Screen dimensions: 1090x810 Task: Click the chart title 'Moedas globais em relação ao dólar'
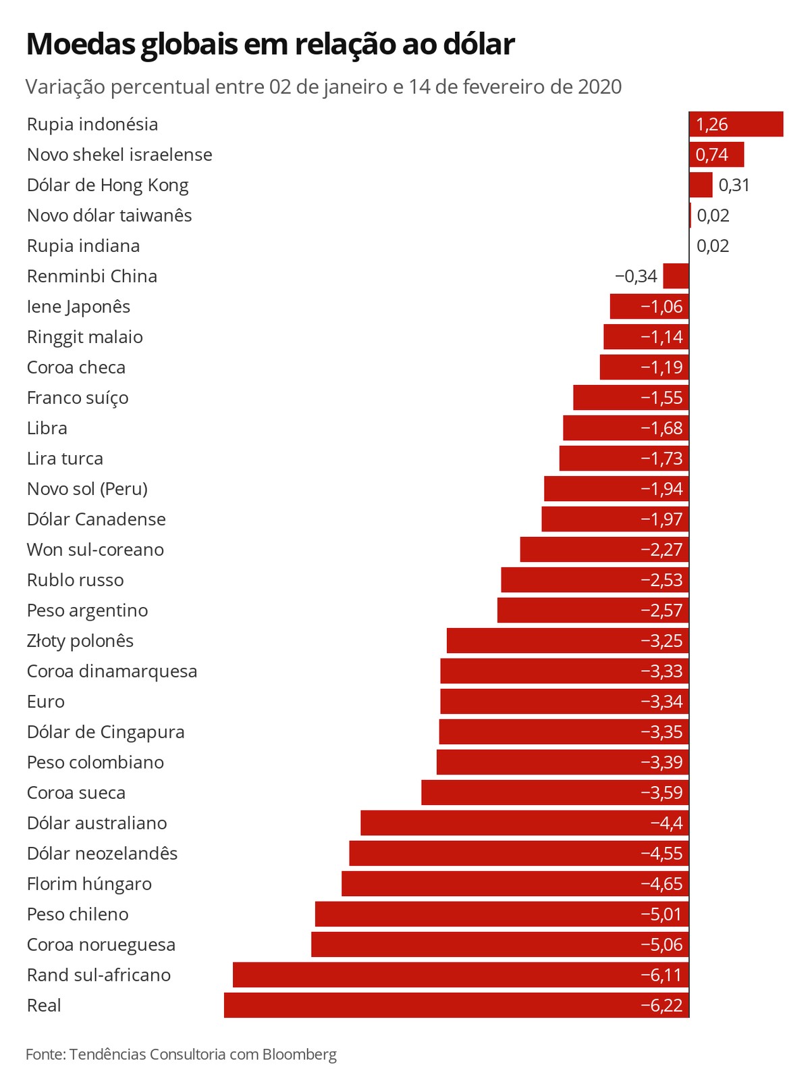click(x=270, y=45)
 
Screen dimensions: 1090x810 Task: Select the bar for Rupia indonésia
click(x=736, y=124)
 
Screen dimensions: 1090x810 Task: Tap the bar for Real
click(x=456, y=1006)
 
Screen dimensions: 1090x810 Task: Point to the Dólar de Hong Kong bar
click(x=701, y=185)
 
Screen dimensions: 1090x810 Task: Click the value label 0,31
click(x=734, y=185)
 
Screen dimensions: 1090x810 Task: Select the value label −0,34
click(x=636, y=276)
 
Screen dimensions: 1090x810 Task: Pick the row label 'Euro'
click(x=46, y=702)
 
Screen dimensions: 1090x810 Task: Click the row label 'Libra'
click(x=47, y=428)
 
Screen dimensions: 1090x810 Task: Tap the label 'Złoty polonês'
click(x=80, y=641)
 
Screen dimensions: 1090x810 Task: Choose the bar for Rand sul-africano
click(x=460, y=975)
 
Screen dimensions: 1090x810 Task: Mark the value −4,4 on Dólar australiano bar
click(x=666, y=823)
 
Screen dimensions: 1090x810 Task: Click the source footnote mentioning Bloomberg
click(x=181, y=1054)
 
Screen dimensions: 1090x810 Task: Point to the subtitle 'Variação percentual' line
click(x=323, y=87)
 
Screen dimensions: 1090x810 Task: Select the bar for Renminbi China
click(x=676, y=276)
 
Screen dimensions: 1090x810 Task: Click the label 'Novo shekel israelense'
click(x=119, y=155)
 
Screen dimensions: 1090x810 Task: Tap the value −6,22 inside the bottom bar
click(x=661, y=1006)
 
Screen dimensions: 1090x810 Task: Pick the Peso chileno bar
click(x=502, y=914)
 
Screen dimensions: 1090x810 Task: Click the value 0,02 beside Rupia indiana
click(x=713, y=246)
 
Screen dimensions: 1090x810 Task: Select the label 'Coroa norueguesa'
click(x=101, y=945)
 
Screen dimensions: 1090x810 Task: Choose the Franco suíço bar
click(x=630, y=398)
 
